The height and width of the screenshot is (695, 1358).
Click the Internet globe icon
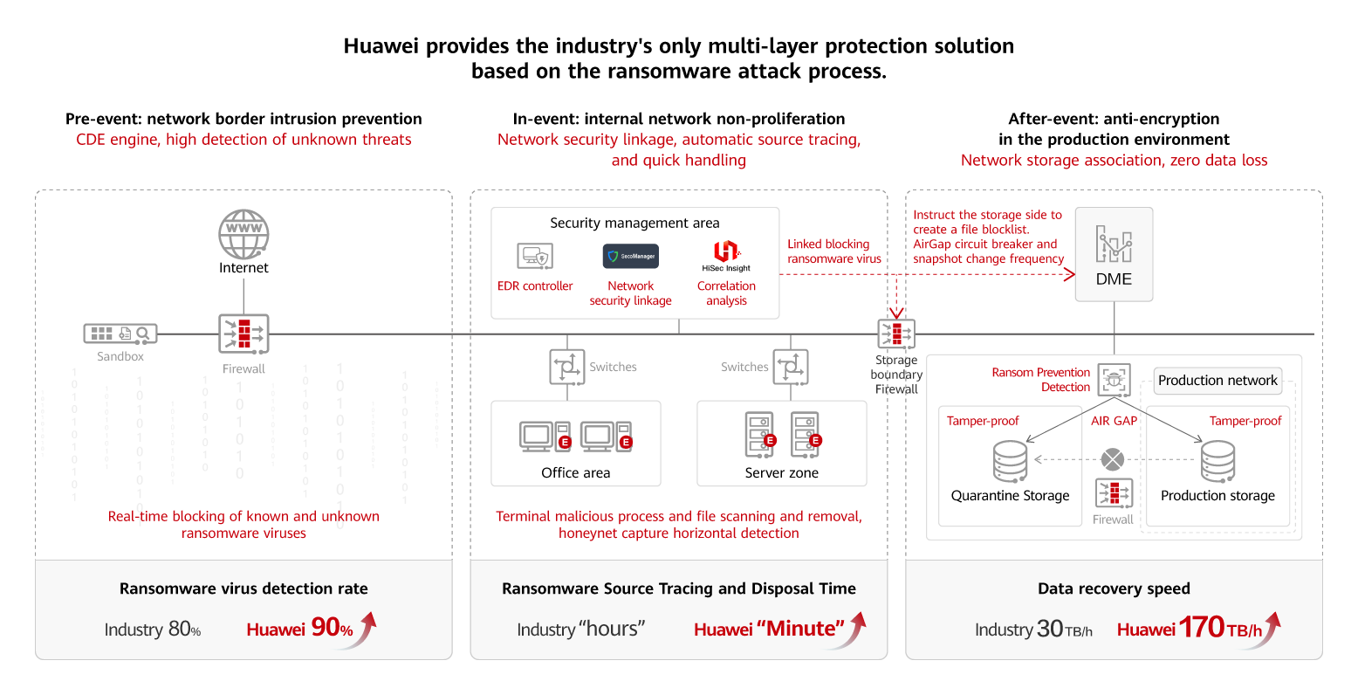(243, 233)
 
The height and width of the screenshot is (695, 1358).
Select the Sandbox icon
(120, 334)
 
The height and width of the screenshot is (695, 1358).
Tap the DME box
(1114, 254)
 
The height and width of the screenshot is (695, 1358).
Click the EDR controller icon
(535, 257)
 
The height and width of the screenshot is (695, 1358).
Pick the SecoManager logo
(630, 257)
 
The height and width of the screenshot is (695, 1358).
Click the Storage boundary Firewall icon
(896, 334)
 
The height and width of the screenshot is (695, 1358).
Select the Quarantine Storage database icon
(1010, 460)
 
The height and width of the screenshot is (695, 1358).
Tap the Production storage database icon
(1217, 460)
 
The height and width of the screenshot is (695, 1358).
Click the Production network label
(1217, 381)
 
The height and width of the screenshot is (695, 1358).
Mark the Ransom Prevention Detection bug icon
(1114, 380)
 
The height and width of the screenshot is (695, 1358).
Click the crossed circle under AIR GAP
(1113, 459)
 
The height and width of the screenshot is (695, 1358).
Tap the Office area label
(575, 473)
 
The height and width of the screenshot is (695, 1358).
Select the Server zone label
(781, 473)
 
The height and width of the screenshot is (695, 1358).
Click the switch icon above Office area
(567, 367)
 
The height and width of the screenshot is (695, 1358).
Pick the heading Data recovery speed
(1114, 588)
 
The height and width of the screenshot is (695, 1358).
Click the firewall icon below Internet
(243, 334)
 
